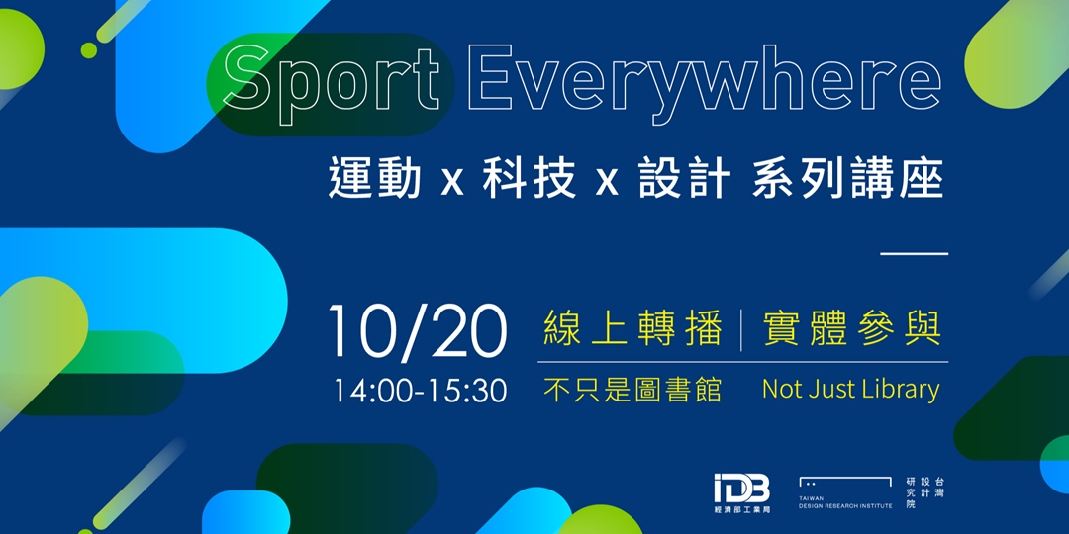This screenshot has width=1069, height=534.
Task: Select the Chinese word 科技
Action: click(529, 181)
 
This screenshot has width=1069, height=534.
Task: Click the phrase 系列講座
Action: click(847, 181)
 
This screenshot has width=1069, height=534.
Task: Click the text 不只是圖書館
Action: click(632, 390)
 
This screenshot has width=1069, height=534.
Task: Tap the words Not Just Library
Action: click(850, 390)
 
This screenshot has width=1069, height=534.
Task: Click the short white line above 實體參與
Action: click(914, 254)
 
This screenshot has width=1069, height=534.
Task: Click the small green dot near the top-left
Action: click(89, 49)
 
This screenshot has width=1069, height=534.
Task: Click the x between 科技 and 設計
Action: click(607, 183)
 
